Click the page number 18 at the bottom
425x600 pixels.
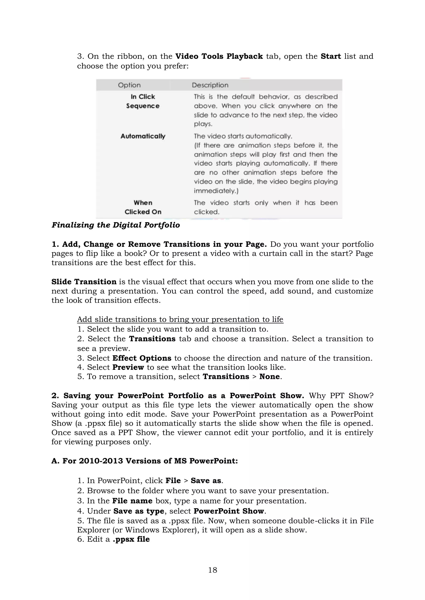(x=212, y=570)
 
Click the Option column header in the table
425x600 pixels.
(x=129, y=85)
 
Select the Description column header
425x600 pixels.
(x=210, y=85)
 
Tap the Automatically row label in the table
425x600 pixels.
(x=143, y=136)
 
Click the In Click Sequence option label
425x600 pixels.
(x=143, y=101)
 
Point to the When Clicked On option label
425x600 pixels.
(x=143, y=207)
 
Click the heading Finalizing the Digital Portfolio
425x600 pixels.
(x=116, y=225)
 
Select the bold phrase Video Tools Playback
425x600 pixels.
(x=219, y=56)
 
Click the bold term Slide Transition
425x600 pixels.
(x=84, y=282)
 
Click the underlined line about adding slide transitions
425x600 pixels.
(x=180, y=319)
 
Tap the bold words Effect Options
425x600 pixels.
(x=142, y=358)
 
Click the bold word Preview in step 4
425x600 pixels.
(x=128, y=367)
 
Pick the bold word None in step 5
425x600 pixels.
(x=269, y=377)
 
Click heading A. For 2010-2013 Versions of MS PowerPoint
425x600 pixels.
(x=144, y=461)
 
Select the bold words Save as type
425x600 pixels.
(x=139, y=511)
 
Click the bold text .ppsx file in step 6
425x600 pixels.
(x=131, y=539)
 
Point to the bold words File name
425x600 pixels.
(x=132, y=501)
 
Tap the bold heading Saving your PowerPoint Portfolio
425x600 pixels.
(x=177, y=396)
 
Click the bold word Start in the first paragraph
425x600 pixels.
(x=331, y=56)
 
